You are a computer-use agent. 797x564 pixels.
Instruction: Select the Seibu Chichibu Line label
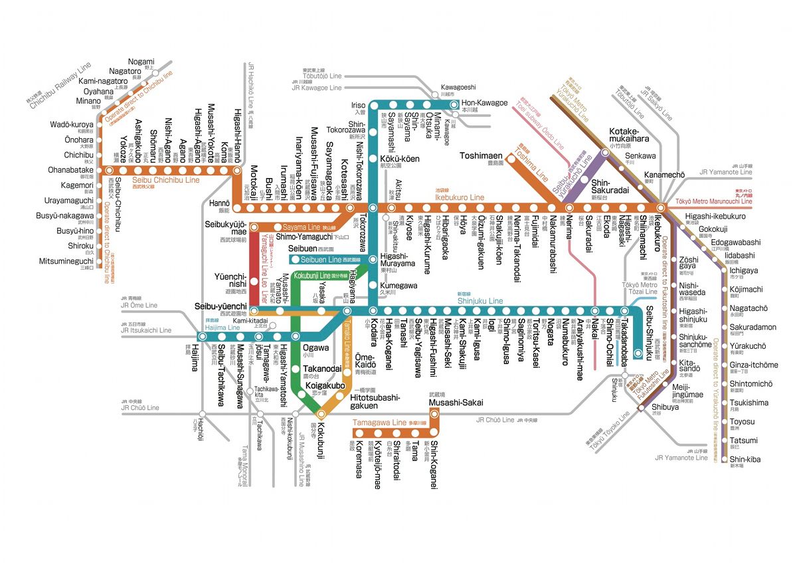tap(165, 180)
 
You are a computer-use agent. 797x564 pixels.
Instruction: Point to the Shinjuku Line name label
tap(480, 301)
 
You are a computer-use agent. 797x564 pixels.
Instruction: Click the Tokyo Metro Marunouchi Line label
tap(714, 201)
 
